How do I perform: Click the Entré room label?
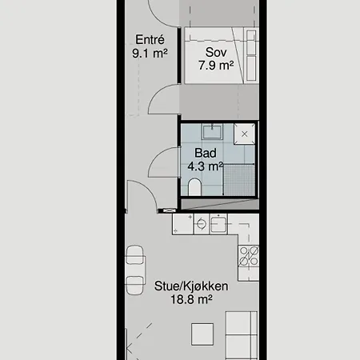(x=150, y=40)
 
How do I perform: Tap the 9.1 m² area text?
(x=150, y=54)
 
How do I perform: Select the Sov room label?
(x=216, y=52)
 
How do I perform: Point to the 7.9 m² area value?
(x=216, y=65)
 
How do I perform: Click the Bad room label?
(x=206, y=153)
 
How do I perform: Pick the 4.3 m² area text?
(x=206, y=166)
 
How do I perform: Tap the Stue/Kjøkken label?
(x=191, y=286)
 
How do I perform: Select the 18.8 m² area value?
(x=191, y=299)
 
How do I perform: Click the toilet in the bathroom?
(x=194, y=187)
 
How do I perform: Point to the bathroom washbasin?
(x=212, y=132)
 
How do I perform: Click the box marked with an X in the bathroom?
(x=244, y=134)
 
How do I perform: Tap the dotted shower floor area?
(x=239, y=180)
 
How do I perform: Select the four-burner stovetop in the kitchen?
(x=249, y=256)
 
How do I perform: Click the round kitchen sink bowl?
(x=202, y=224)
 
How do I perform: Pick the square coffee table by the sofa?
(x=202, y=334)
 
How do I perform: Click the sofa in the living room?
(x=242, y=335)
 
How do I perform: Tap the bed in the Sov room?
(x=222, y=55)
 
